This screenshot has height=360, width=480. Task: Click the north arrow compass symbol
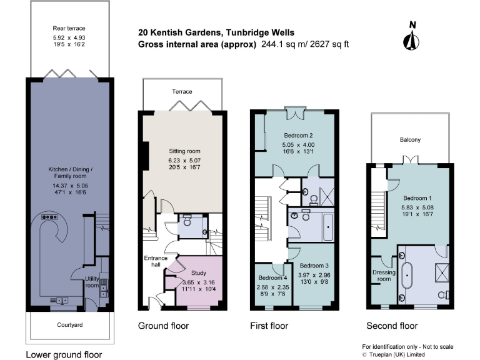pyautogui.click(x=411, y=37)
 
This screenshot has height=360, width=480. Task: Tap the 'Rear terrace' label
pyautogui.click(x=69, y=28)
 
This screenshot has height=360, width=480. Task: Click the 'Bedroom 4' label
pyautogui.click(x=272, y=279)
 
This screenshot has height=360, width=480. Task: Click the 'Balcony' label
pyautogui.click(x=410, y=140)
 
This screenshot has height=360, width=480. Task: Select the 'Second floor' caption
pyautogui.click(x=392, y=326)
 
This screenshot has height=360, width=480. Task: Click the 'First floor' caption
pyautogui.click(x=269, y=326)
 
